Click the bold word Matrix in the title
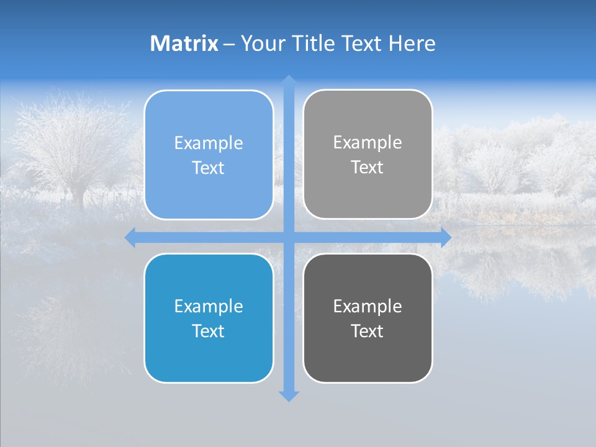click(x=184, y=43)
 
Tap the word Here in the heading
click(x=412, y=43)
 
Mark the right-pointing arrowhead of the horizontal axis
click(x=445, y=238)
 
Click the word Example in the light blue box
click(x=209, y=143)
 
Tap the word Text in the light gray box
click(x=368, y=167)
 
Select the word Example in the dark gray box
click(x=368, y=306)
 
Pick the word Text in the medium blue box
click(x=209, y=331)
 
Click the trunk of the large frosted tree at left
click(x=78, y=196)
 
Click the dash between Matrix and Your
click(x=229, y=44)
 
